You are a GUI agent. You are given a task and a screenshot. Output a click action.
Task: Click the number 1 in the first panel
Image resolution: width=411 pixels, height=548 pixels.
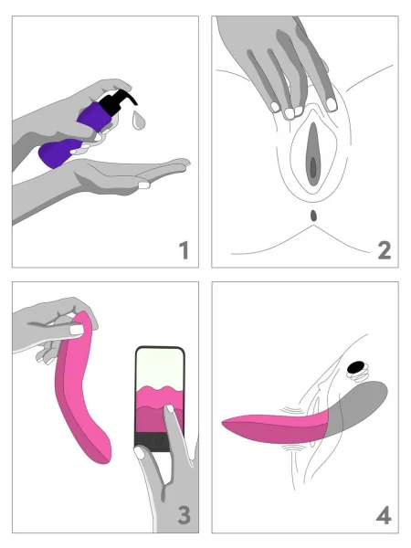pos(184,249)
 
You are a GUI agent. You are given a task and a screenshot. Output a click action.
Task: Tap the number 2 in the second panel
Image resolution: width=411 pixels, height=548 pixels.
pos(384,249)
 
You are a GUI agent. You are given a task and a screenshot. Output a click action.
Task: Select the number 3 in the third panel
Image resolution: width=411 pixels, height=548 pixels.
pos(184,515)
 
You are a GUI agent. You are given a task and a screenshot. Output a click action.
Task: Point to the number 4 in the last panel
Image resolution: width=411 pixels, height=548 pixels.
pos(384,515)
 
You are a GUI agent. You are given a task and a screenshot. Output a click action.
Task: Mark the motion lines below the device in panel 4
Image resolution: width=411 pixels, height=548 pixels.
pos(292,449)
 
